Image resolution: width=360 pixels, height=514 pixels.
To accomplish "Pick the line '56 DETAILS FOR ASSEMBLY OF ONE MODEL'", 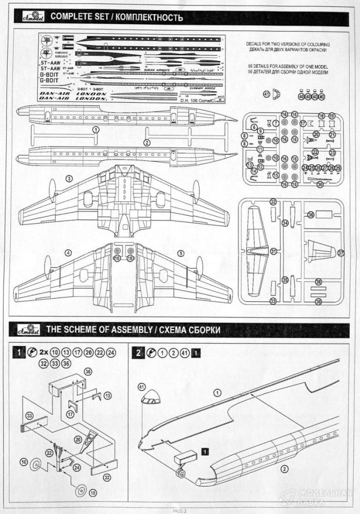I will click(287, 66).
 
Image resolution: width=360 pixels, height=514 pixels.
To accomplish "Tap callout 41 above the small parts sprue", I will click(267, 93).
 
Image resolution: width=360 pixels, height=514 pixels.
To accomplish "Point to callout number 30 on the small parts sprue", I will click(320, 185).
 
